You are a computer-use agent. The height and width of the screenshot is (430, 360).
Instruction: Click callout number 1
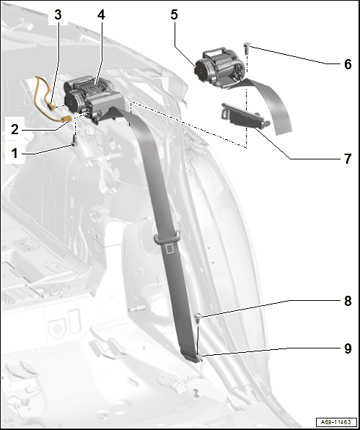coord(14,153)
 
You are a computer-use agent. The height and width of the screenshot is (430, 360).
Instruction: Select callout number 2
coord(15,129)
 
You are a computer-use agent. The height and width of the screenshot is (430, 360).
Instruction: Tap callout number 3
coord(58,15)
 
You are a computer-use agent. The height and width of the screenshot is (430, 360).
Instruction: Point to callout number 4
coord(101,15)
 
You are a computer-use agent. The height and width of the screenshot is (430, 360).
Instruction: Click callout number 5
coord(174,14)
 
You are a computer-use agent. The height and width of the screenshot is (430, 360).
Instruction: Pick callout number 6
coord(348,64)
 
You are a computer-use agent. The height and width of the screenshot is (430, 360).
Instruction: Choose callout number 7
coord(348,159)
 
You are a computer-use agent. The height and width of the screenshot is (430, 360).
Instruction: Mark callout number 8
coord(348,301)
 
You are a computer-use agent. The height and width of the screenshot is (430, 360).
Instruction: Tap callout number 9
coord(348,348)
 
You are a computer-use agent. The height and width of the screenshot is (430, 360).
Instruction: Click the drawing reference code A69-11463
coord(336,422)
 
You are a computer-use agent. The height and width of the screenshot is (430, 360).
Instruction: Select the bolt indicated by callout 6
coord(247,48)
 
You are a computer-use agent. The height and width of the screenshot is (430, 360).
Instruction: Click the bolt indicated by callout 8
coord(198,318)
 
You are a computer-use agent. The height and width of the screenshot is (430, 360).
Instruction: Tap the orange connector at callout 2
coord(67,119)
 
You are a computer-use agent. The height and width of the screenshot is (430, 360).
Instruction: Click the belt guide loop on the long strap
coord(167,237)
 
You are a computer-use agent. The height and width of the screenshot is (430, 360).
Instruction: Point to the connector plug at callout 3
coord(51,105)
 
